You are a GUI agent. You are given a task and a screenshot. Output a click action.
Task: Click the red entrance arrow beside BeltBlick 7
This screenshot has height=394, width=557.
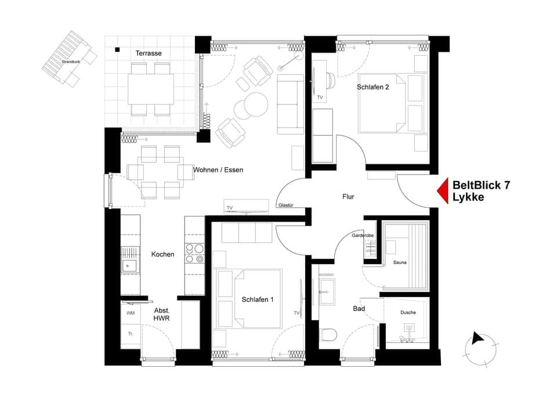443,191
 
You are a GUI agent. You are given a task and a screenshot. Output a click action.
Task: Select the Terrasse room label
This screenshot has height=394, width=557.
149,53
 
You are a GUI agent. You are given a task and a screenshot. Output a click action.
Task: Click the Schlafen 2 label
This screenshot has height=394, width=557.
373,88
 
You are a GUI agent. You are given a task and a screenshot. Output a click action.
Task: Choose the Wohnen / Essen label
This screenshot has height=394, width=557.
218,170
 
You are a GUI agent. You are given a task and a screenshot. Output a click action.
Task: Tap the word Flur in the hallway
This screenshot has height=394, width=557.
348,197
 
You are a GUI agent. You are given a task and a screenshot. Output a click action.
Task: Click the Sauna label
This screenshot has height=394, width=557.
400,262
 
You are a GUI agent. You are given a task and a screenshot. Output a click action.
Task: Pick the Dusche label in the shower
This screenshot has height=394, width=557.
408,312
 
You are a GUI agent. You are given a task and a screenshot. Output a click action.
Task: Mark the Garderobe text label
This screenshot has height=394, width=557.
363,236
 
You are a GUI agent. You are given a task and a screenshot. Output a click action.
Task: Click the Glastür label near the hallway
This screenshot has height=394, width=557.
285,205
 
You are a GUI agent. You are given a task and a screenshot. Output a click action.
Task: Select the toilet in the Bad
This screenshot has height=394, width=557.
329,336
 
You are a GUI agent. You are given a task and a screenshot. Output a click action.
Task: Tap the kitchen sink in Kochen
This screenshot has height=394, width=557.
130,266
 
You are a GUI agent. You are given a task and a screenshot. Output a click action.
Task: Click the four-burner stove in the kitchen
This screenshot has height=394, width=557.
194,254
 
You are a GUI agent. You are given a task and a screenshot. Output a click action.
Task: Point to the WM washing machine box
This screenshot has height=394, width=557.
131,313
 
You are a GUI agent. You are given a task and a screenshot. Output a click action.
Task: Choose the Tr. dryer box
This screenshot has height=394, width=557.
131,334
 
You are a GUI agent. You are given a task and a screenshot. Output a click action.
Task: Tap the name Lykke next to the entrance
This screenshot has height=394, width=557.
468,197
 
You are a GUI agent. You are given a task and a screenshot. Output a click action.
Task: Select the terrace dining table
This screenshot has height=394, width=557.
151,88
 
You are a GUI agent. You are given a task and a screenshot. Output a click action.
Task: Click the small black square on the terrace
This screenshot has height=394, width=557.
117,50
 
